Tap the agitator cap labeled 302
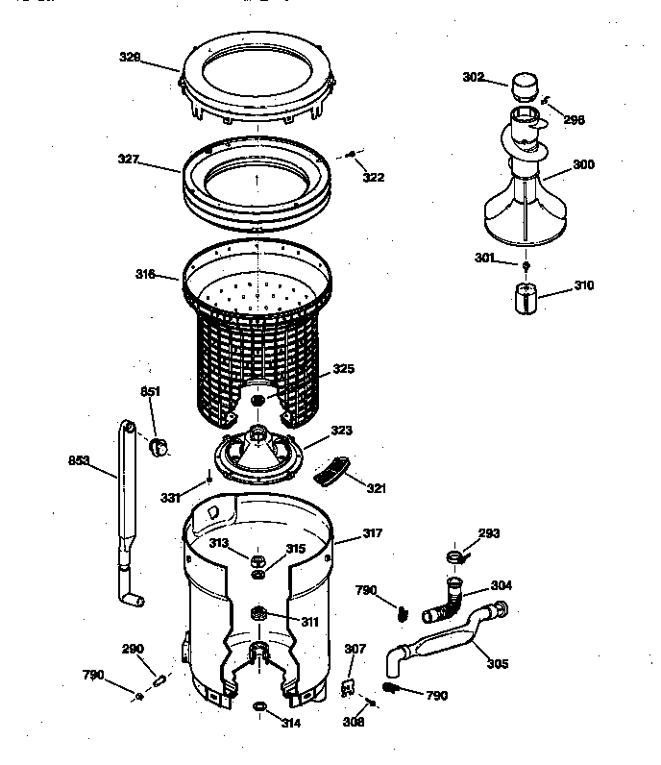[525, 88]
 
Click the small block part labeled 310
[526, 298]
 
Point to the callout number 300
[583, 164]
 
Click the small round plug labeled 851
[160, 444]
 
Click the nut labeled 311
[257, 613]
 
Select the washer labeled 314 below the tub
[260, 707]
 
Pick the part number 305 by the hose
[498, 662]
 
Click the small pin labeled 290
[161, 679]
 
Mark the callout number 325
[343, 368]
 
